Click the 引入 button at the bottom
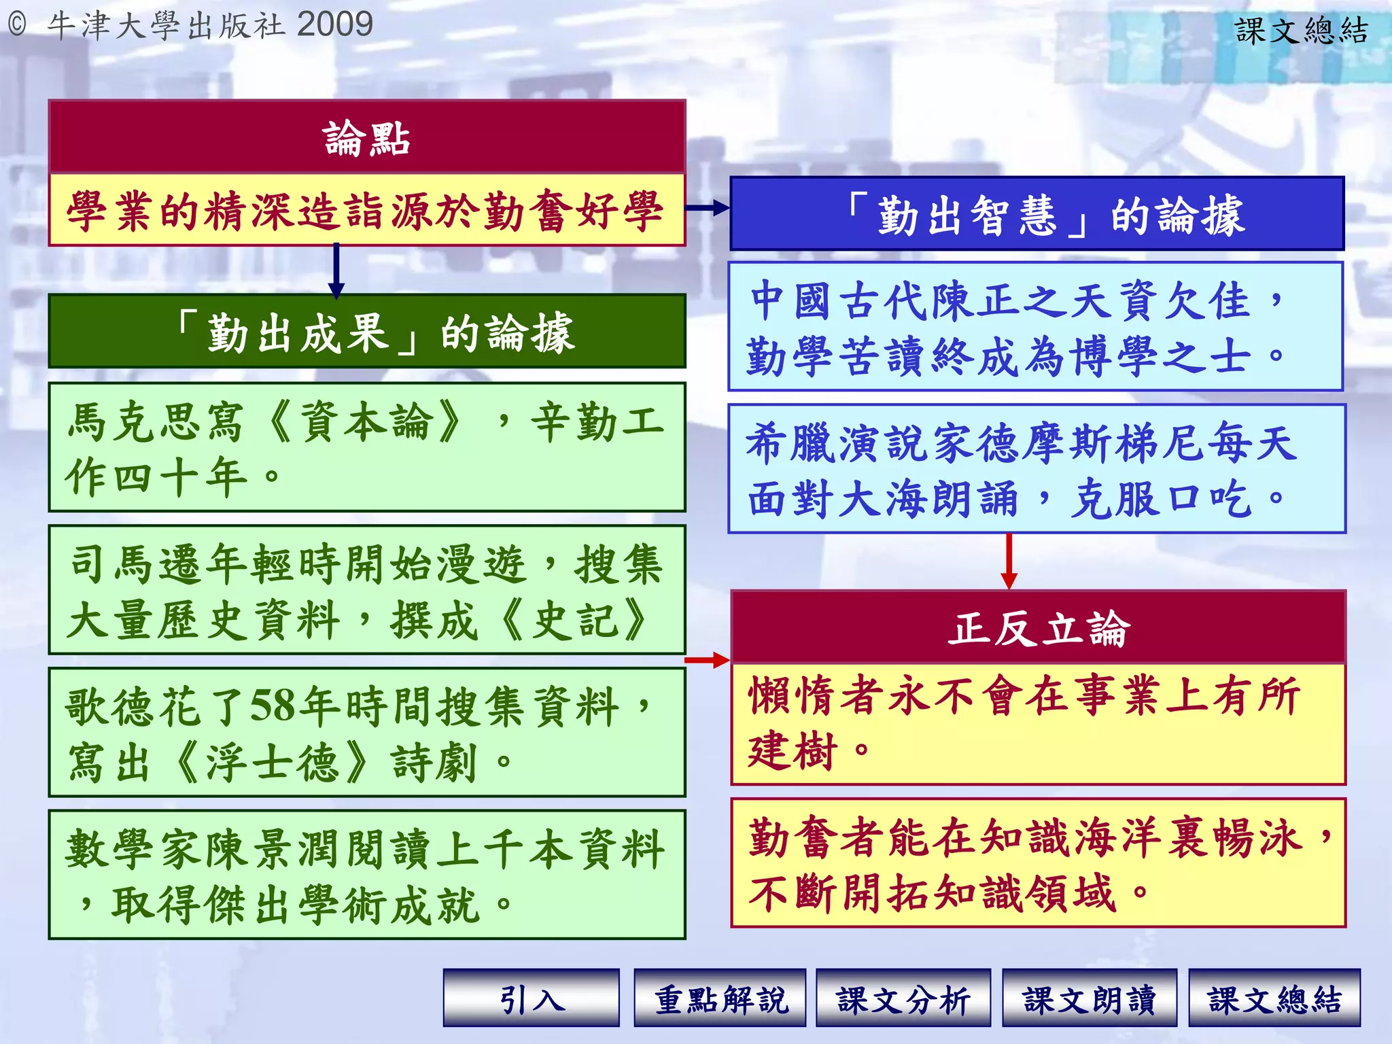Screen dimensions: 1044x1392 tap(532, 998)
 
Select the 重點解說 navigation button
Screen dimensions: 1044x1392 tap(720, 998)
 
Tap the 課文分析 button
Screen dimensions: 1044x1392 tap(903, 998)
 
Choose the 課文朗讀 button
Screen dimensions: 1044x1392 tap(1090, 998)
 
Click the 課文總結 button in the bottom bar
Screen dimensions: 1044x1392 tap(1274, 998)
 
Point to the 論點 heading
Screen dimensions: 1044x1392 tap(367, 138)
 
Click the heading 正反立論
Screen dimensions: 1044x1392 tap(1038, 628)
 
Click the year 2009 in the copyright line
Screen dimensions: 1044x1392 tap(335, 24)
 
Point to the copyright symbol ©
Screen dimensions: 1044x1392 tap(17, 25)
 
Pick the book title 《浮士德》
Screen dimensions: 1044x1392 tap(272, 762)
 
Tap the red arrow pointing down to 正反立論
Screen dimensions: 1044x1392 tap(1009, 561)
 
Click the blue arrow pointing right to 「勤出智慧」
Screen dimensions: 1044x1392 tap(708, 208)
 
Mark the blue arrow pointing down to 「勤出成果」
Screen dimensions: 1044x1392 tap(336, 271)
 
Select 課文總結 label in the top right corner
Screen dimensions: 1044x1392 tap(1301, 31)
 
